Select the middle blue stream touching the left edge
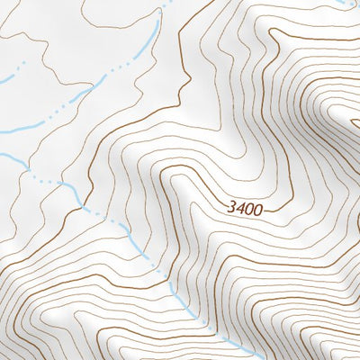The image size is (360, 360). tap(3, 134)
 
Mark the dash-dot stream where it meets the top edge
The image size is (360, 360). tap(169, 2)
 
